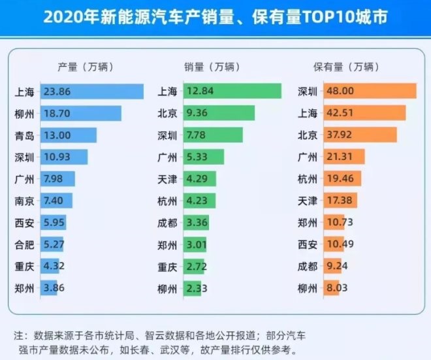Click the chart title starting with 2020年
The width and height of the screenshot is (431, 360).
click(x=215, y=16)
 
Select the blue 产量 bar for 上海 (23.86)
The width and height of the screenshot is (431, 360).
click(x=92, y=91)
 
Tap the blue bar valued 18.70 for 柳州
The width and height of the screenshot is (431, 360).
click(x=81, y=114)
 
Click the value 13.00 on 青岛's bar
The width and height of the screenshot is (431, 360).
click(x=57, y=135)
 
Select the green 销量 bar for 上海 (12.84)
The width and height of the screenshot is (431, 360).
click(x=232, y=91)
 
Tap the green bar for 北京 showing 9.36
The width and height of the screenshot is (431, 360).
click(x=219, y=114)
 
